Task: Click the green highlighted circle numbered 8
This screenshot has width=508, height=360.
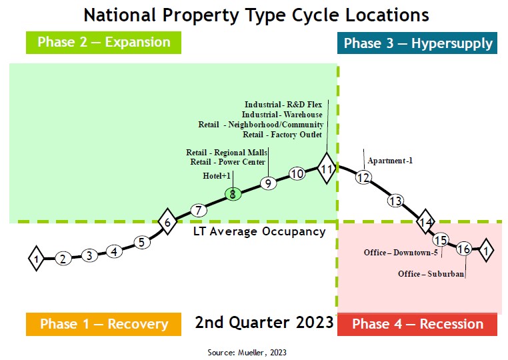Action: coord(232,195)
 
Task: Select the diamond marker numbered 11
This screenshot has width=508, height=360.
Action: coord(327,169)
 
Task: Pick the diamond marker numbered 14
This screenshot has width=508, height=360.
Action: coord(425,222)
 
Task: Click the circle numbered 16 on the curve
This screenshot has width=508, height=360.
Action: coord(464,249)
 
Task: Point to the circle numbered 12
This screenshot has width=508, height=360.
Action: coord(363,178)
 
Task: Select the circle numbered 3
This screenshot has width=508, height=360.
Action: coord(89,256)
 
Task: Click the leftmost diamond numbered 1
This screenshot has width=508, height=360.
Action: coord(37,258)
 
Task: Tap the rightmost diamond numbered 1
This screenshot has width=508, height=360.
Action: coord(486,251)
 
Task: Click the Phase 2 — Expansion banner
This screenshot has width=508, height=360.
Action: coord(103,43)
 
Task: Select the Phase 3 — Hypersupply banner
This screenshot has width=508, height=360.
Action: coord(418,44)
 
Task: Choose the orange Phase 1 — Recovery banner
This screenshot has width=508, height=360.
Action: coord(103,324)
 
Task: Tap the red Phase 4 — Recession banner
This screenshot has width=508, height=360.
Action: coord(417,324)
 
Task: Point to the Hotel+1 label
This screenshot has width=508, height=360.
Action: coord(217,176)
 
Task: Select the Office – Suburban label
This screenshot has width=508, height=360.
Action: coord(431,274)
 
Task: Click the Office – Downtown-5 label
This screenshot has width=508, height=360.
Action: coord(400,253)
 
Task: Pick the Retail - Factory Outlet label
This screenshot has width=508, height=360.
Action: coord(283,135)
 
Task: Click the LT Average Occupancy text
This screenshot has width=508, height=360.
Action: coord(259,232)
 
